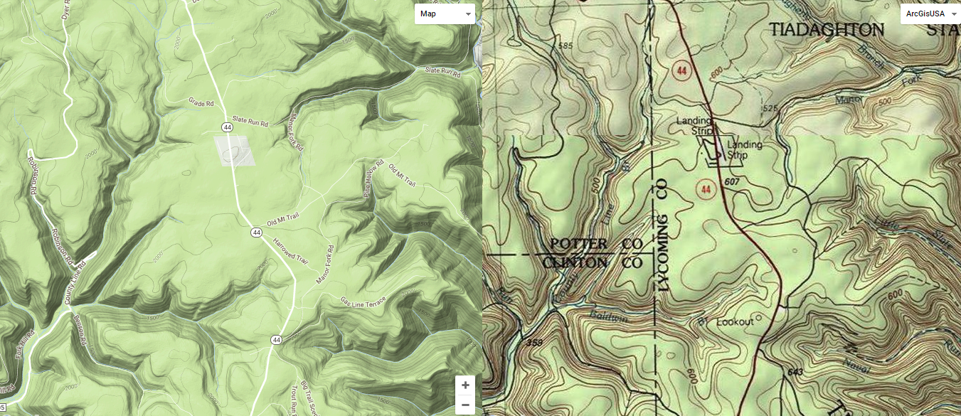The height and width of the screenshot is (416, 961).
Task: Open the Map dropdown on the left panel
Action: pos(445,14)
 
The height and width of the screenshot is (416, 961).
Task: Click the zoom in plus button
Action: pos(465,385)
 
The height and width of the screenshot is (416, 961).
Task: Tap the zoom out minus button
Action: pos(465,405)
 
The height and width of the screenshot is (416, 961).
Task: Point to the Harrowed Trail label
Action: pos(290,252)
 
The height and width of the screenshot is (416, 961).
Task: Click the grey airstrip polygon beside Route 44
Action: pos(234,151)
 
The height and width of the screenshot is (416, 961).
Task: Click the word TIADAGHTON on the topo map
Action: pos(827,30)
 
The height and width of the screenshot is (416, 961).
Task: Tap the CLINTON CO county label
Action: pos(593,263)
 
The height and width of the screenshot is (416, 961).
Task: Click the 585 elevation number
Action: pos(566,46)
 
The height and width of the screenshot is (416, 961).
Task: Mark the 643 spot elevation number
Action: pos(796,372)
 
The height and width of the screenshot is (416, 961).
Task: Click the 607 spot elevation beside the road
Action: pos(732,183)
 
